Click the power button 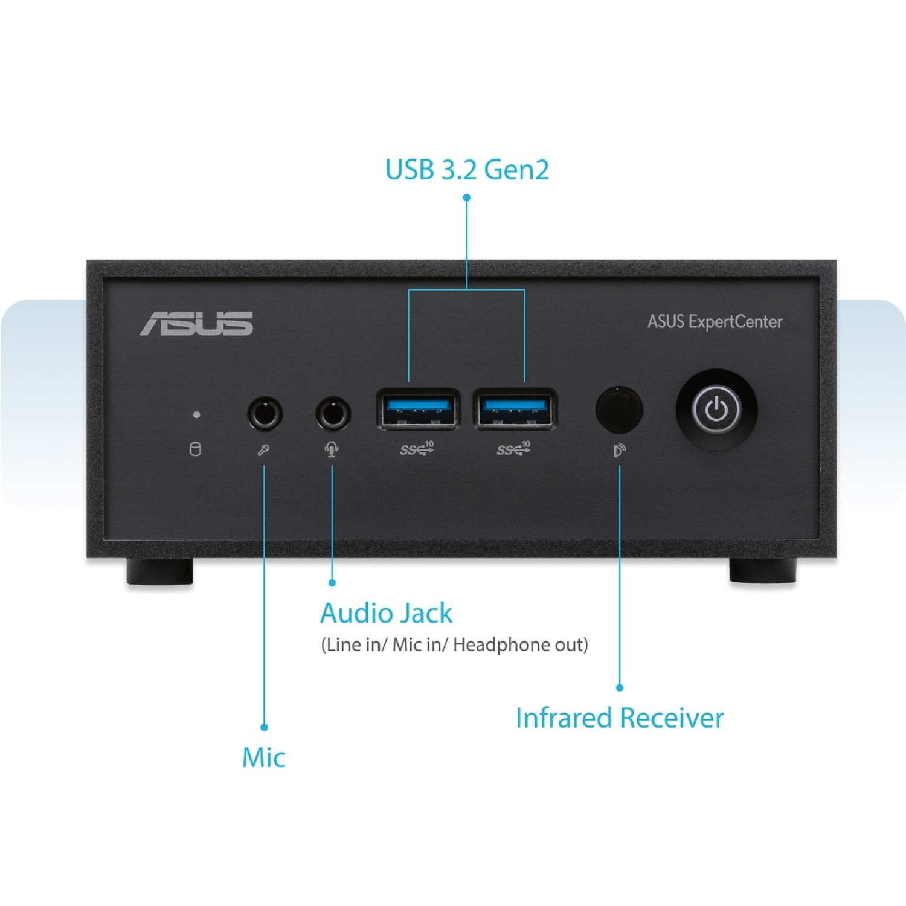(716, 410)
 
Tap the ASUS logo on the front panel (197, 324)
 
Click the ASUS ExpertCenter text (715, 321)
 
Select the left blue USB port (417, 409)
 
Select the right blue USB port (515, 409)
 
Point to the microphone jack (265, 414)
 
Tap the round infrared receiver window (619, 410)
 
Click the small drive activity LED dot (196, 415)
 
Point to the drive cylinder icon (195, 449)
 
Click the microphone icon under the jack (263, 451)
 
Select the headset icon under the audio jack (332, 450)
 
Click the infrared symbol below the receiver (620, 451)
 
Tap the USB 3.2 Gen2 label (467, 170)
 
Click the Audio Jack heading (386, 614)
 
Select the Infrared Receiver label (620, 718)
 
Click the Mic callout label (263, 757)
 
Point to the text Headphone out (520, 644)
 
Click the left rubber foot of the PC (160, 571)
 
